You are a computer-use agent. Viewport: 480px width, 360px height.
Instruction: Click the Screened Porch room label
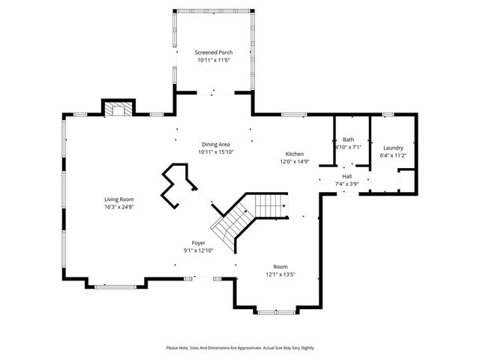pyautogui.click(x=214, y=52)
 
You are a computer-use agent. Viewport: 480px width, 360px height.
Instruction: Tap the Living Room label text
pyautogui.click(x=119, y=199)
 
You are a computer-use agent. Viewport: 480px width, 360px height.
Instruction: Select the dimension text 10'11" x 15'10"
pyautogui.click(x=214, y=152)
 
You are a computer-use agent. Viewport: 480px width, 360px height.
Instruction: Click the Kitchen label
pyautogui.click(x=294, y=153)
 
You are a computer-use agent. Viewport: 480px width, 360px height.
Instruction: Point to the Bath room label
pyautogui.click(x=348, y=139)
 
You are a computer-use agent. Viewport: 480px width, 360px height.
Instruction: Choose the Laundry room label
pyautogui.click(x=393, y=148)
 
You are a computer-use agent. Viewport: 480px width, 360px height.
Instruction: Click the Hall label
pyautogui.click(x=346, y=176)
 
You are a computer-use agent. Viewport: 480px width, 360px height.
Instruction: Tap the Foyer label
pyautogui.click(x=199, y=242)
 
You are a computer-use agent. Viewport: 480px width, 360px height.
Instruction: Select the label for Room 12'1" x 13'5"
pyautogui.click(x=280, y=267)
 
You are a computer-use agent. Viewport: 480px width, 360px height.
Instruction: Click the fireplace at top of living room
pyautogui.click(x=117, y=109)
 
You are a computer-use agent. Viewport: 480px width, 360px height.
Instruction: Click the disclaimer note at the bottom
pyautogui.click(x=240, y=348)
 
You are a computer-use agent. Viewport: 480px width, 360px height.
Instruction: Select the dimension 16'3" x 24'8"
pyautogui.click(x=119, y=207)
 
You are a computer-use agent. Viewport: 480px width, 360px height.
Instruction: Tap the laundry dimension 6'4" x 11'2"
pyautogui.click(x=393, y=155)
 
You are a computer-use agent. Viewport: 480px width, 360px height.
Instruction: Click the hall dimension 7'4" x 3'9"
pyautogui.click(x=346, y=184)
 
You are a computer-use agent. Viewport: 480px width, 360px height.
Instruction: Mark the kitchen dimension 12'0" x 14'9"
pyautogui.click(x=294, y=160)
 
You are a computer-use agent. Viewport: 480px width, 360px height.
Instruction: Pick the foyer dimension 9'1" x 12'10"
pyautogui.click(x=199, y=250)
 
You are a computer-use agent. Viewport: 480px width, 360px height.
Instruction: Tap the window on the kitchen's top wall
pyautogui.click(x=294, y=115)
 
